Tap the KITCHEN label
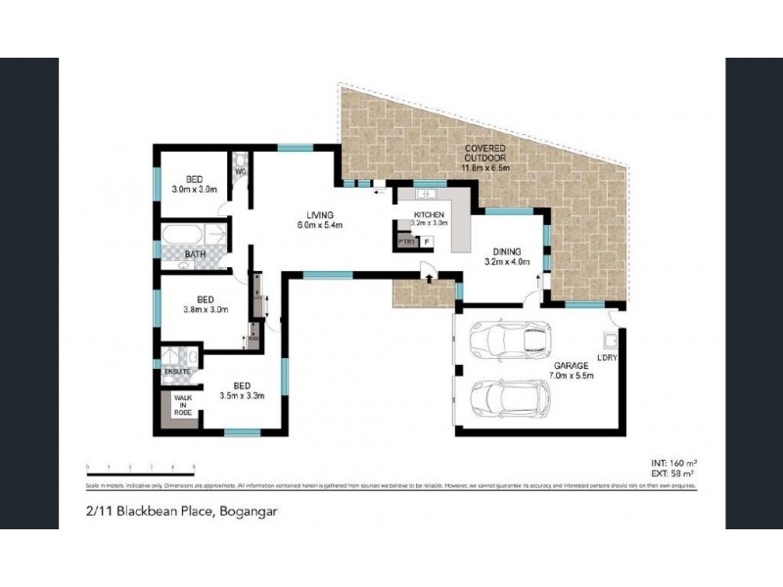click(429, 214)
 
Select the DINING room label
click(507, 250)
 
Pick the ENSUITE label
click(176, 373)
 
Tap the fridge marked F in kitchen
click(426, 241)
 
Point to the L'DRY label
click(605, 359)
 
